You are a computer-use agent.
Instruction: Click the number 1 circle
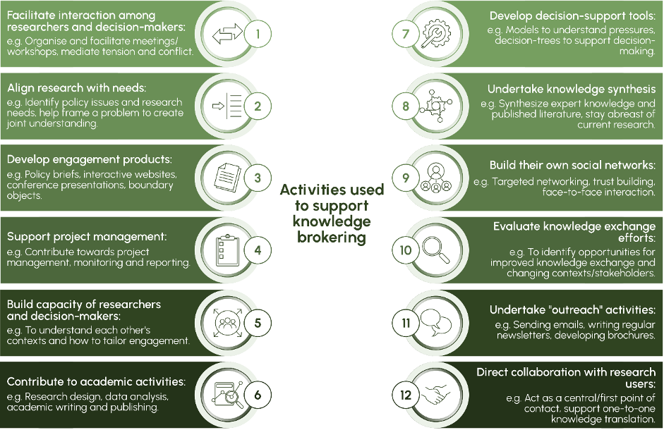[258, 34]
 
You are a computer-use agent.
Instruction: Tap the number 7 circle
[406, 34]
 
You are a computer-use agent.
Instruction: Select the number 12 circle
[406, 395]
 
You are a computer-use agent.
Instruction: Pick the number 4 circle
[258, 250]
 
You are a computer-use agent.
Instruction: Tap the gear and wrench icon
[436, 34]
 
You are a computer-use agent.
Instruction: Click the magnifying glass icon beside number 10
[436, 250]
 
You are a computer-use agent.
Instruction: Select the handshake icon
[436, 395]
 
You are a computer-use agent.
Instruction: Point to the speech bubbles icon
[436, 323]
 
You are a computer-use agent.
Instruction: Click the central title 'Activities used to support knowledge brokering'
[332, 213]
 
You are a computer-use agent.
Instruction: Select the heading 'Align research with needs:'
[76, 88]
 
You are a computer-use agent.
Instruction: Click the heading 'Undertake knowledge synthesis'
[571, 90]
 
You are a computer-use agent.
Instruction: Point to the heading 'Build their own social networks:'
[572, 165]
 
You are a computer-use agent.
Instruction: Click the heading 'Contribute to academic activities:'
[96, 381]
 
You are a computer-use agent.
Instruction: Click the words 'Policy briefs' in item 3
[49, 173]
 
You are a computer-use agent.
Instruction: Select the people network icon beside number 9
[436, 178]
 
